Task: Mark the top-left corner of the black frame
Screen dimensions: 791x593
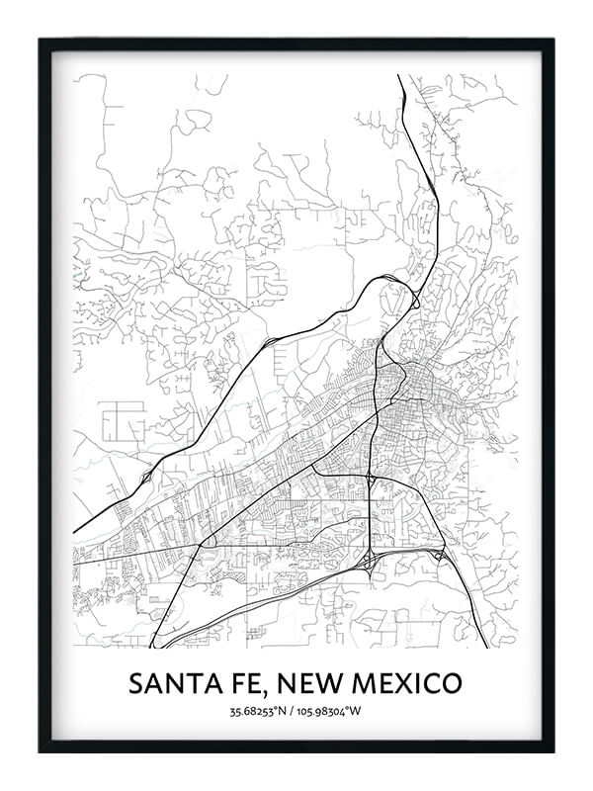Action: click(41, 41)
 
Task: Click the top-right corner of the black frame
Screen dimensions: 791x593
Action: click(552, 41)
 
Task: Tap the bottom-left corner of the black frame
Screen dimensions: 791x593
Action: click(41, 750)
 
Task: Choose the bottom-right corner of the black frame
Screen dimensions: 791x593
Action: click(552, 750)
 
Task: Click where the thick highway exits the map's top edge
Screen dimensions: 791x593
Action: click(399, 76)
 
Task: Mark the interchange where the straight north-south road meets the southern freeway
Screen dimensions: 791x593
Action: click(370, 562)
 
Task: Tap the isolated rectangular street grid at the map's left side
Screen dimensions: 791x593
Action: click(123, 421)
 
